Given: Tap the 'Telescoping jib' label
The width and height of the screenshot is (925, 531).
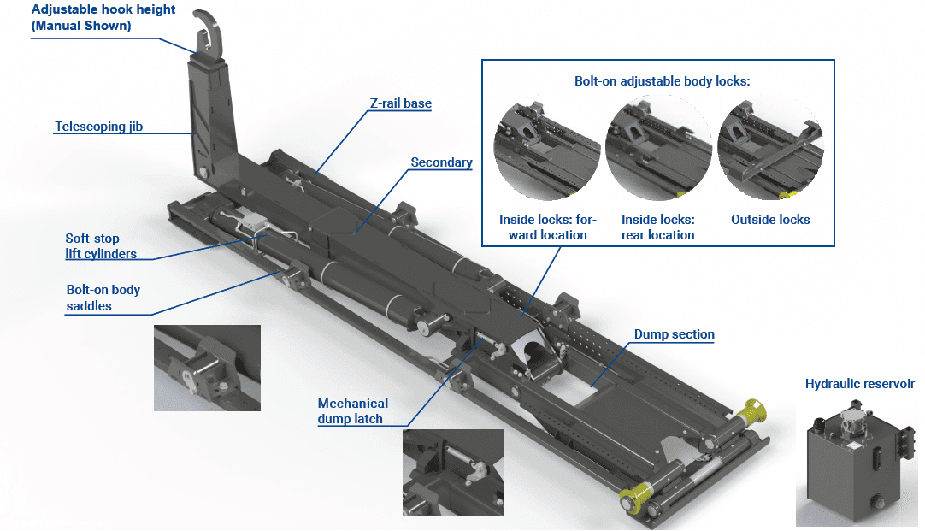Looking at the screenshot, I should point(98,127).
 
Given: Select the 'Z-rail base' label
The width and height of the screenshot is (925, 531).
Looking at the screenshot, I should point(400,103).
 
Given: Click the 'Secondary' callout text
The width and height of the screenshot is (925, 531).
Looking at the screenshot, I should point(441,162).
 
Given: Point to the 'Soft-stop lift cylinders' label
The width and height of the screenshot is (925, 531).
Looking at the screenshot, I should point(101,246).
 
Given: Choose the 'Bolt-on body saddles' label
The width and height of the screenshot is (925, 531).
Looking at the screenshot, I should point(103,298).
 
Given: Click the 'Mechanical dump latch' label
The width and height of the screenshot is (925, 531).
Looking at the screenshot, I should point(352,410).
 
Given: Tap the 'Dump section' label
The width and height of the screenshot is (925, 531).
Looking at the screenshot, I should point(674,334).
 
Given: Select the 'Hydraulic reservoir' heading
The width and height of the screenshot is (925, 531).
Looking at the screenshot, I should point(859,384).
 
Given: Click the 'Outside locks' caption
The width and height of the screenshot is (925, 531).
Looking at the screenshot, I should point(770,220).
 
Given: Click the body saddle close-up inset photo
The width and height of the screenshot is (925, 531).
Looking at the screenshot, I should point(207,368).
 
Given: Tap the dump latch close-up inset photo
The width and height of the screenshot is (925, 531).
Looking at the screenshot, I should point(452,472).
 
